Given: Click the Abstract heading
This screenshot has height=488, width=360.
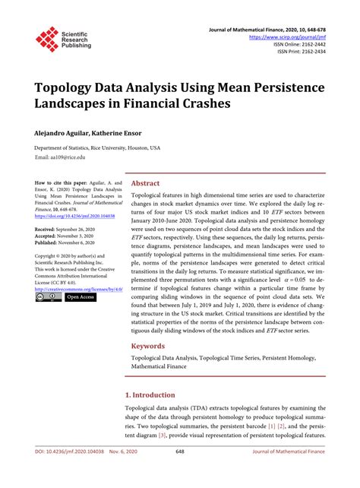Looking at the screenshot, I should (x=146, y=184).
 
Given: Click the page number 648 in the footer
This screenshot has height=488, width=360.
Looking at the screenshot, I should (x=180, y=474).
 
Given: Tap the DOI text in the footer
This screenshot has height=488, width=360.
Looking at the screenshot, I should (x=72, y=474).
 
